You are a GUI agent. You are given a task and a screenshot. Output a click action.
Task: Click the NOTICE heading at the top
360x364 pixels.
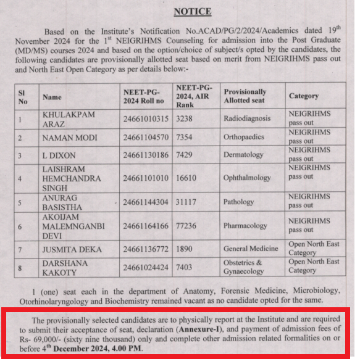[192, 11]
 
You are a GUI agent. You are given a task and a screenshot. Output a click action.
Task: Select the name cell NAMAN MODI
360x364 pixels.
[70, 138]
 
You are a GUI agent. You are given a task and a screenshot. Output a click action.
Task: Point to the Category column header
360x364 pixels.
[304, 96]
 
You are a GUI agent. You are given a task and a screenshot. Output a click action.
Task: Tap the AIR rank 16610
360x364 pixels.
[188, 178]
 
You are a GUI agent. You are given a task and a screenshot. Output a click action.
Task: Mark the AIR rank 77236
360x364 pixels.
[188, 226]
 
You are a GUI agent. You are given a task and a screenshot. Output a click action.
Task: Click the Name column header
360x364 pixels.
[52, 97]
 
